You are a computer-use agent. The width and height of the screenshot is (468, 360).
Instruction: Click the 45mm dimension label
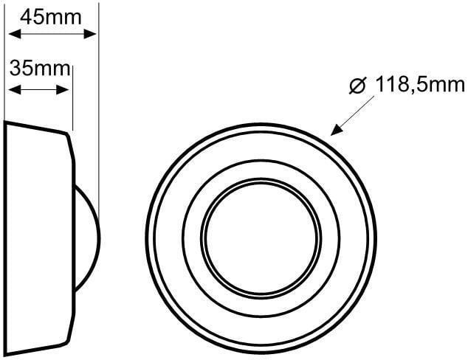(x=51, y=17)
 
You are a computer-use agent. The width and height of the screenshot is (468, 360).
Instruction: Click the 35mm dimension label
(x=40, y=69)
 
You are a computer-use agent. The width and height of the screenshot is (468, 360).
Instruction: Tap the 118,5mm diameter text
(x=419, y=84)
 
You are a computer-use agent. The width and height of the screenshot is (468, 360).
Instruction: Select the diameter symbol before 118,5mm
(x=357, y=86)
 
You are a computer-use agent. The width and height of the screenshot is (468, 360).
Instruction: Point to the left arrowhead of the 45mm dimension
(x=14, y=34)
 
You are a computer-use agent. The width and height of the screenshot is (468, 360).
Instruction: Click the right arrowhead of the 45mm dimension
(x=90, y=34)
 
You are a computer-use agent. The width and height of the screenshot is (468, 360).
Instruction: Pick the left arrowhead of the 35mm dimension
(x=14, y=89)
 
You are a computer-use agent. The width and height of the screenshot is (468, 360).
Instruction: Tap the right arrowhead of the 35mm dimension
(x=63, y=89)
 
